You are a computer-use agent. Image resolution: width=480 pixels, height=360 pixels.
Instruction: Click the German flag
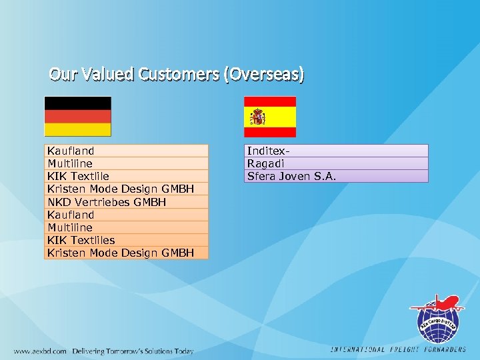coord(77,116)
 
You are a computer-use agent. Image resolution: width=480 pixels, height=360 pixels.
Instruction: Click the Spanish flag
coord(269,117)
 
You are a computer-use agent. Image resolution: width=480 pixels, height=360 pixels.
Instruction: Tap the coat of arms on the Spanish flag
coord(258,117)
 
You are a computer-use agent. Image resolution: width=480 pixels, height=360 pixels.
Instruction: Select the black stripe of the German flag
coord(77,103)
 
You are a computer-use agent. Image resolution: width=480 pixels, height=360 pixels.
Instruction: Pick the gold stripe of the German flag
coord(77,129)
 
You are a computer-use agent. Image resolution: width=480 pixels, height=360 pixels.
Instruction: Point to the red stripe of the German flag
coord(77,116)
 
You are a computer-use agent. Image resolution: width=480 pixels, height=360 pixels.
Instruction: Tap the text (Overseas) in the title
coord(265,75)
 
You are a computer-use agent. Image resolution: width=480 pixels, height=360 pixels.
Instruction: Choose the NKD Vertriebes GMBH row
coord(107,202)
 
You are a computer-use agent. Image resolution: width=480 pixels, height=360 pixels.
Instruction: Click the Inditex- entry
coord(267,151)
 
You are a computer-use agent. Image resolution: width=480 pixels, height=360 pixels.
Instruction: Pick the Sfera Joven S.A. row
coord(291,176)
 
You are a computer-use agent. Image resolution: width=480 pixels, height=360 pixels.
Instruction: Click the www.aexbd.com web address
coord(40,351)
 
